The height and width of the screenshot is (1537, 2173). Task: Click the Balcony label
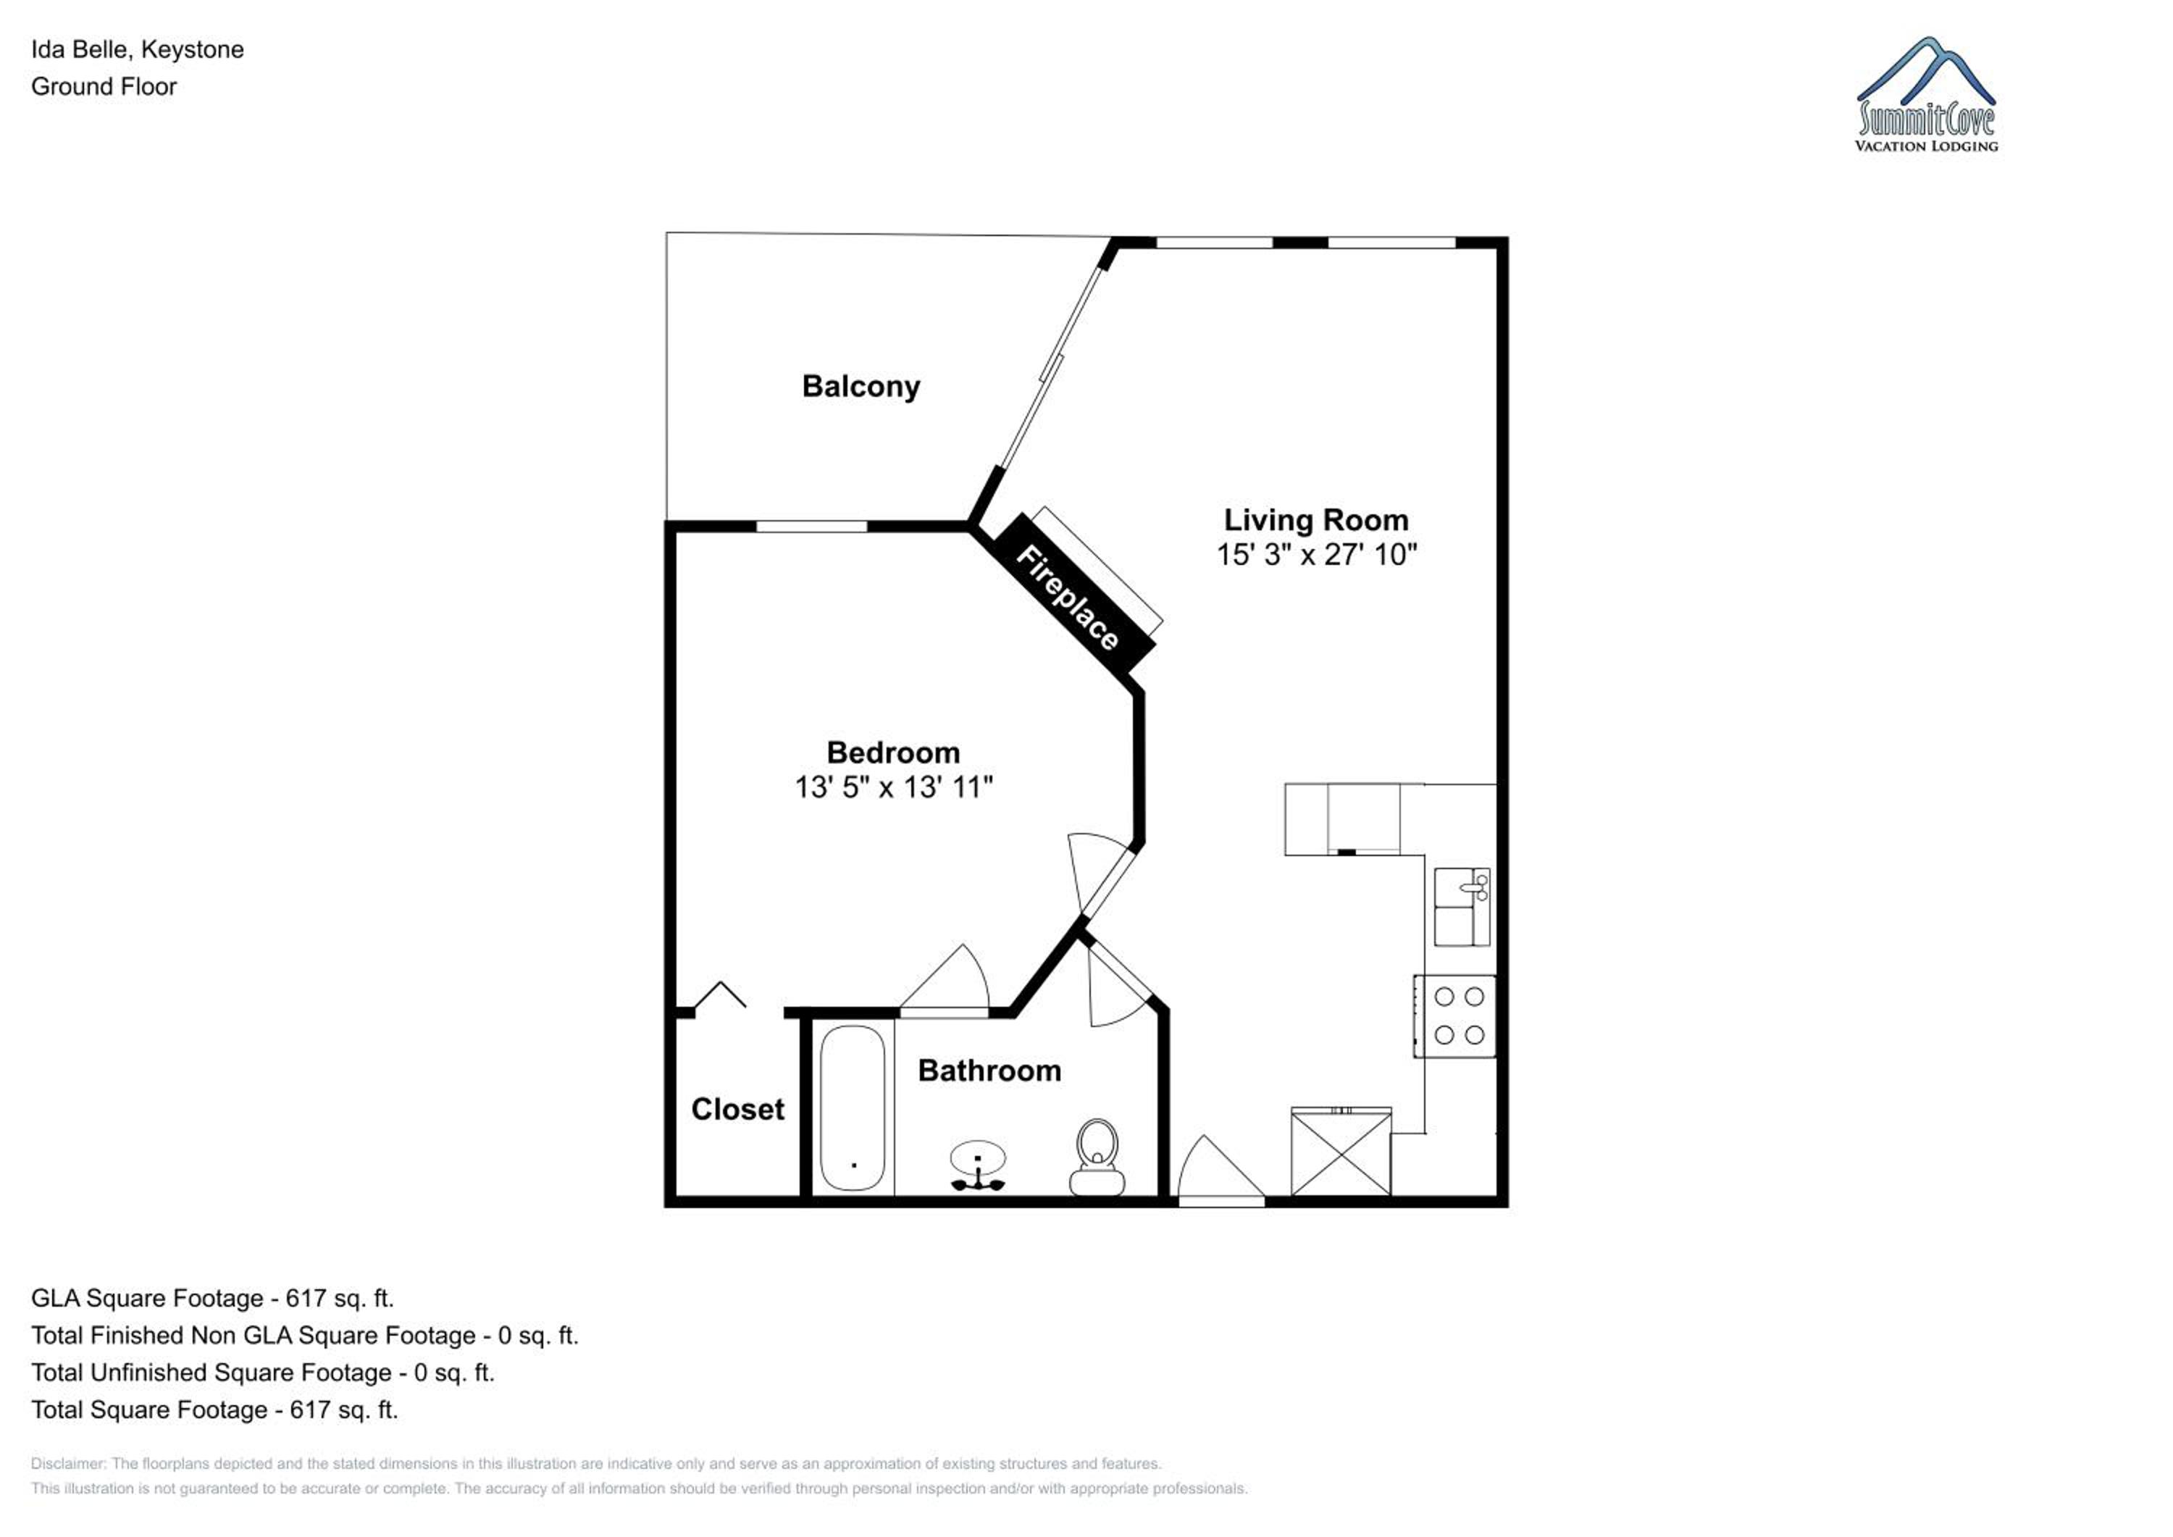click(x=861, y=387)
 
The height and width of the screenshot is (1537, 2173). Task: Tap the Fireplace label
click(x=1068, y=598)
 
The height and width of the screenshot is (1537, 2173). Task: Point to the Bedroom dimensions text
click(x=893, y=787)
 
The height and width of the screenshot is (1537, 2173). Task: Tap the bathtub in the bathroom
click(x=853, y=1108)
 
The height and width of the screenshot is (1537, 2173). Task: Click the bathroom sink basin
click(x=978, y=1158)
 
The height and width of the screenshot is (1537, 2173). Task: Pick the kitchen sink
click(x=1462, y=907)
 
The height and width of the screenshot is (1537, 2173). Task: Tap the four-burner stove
click(x=1454, y=1015)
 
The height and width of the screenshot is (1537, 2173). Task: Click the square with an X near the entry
click(x=1341, y=1152)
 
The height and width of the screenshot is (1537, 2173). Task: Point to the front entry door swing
click(x=1220, y=1170)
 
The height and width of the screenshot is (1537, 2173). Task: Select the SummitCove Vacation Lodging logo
click(x=1926, y=95)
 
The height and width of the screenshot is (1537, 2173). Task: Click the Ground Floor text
click(x=104, y=87)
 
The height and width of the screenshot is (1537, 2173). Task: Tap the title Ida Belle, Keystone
click(x=137, y=50)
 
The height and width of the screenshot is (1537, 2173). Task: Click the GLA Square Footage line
click(x=212, y=1299)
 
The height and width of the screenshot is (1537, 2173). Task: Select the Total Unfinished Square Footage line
click(x=263, y=1373)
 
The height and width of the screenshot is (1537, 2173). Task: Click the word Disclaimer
click(x=67, y=1464)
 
